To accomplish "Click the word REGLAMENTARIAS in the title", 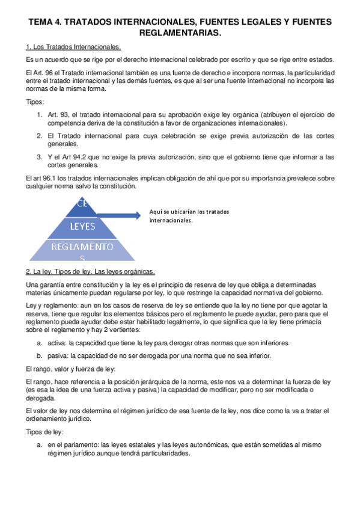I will pos(180,34).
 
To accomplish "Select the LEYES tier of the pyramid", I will pos(83,226).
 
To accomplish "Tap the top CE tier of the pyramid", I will pos(83,203).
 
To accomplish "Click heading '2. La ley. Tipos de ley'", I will pos(90,271).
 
